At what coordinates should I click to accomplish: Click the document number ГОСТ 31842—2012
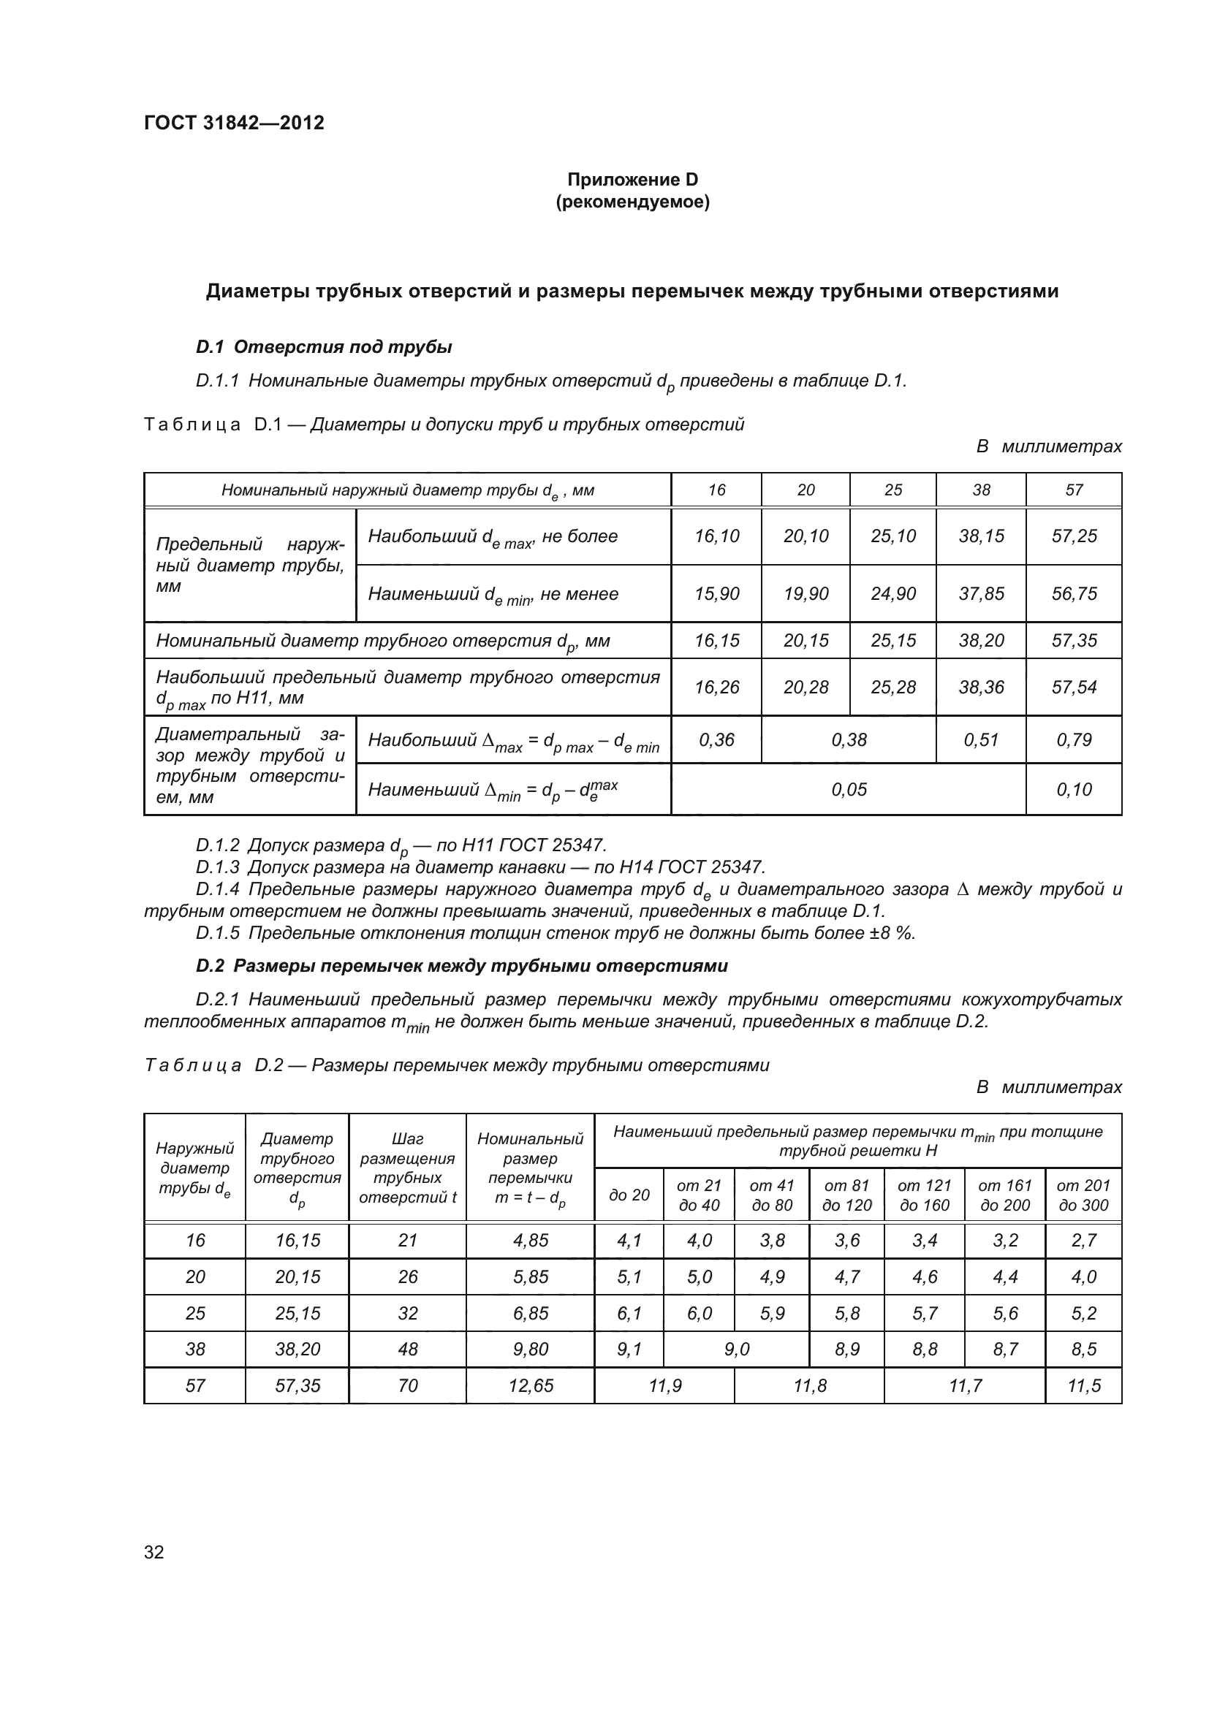[x=234, y=123]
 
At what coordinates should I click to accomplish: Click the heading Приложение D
[x=632, y=180]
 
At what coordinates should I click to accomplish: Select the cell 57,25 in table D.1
[x=1074, y=536]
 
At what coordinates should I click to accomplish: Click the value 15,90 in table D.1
[x=716, y=594]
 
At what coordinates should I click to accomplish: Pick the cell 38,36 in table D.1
[x=980, y=687]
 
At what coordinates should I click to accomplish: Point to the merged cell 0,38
[x=849, y=740]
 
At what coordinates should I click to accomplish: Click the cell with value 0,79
[x=1074, y=740]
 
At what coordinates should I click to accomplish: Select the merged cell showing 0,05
[x=849, y=790]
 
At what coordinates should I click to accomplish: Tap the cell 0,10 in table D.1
[x=1074, y=790]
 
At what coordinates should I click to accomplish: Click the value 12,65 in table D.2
[x=530, y=1386]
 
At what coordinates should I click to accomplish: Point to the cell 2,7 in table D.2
[x=1083, y=1241]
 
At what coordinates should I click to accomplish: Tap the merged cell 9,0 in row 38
[x=736, y=1350]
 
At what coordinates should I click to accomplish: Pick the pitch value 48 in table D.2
[x=407, y=1350]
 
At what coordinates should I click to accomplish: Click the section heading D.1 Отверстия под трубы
[x=324, y=347]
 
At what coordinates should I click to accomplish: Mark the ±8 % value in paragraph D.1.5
[x=892, y=933]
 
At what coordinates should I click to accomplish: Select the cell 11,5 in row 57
[x=1083, y=1386]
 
